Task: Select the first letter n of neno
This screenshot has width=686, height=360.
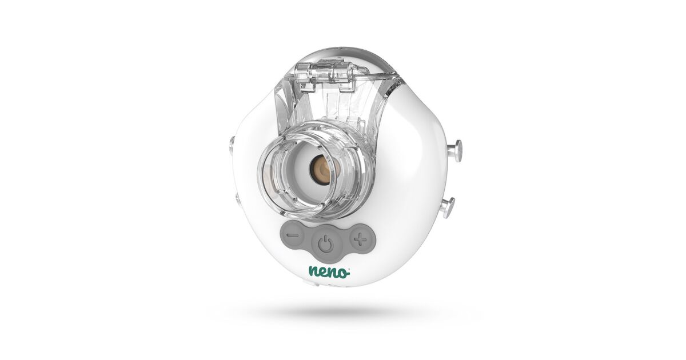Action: pos(314,273)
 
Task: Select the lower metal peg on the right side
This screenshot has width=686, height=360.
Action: pos(448,207)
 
